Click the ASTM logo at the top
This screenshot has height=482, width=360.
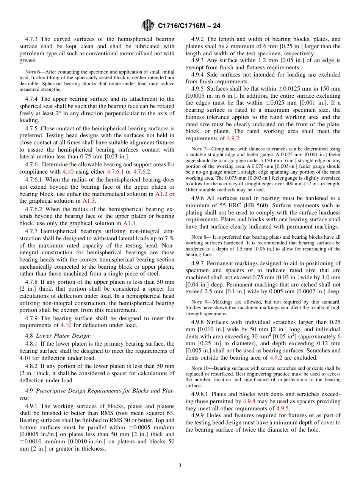(147, 25)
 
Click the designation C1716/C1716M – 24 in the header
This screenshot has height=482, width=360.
(189, 26)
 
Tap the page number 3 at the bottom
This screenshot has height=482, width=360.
(180, 466)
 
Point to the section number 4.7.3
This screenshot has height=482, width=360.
(32, 39)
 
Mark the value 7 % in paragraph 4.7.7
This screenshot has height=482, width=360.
(169, 238)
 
